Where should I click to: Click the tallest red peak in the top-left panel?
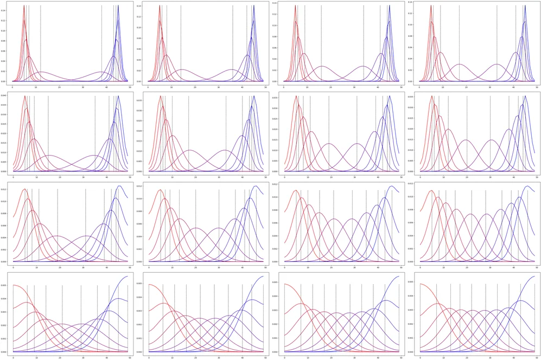(x=24, y=7)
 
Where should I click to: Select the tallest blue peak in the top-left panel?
(x=118, y=7)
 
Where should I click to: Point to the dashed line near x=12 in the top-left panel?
(x=41, y=43)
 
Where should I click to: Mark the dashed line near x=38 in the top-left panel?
(x=101, y=43)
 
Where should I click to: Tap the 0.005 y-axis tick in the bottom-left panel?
(x=4, y=284)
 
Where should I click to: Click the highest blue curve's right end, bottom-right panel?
(x=536, y=276)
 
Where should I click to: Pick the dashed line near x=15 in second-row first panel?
(x=48, y=133)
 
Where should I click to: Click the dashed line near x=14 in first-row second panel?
(x=181, y=43)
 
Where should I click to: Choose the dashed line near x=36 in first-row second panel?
(x=233, y=43)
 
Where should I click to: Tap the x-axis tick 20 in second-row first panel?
(x=60, y=176)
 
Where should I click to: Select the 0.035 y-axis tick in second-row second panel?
(x=140, y=100)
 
